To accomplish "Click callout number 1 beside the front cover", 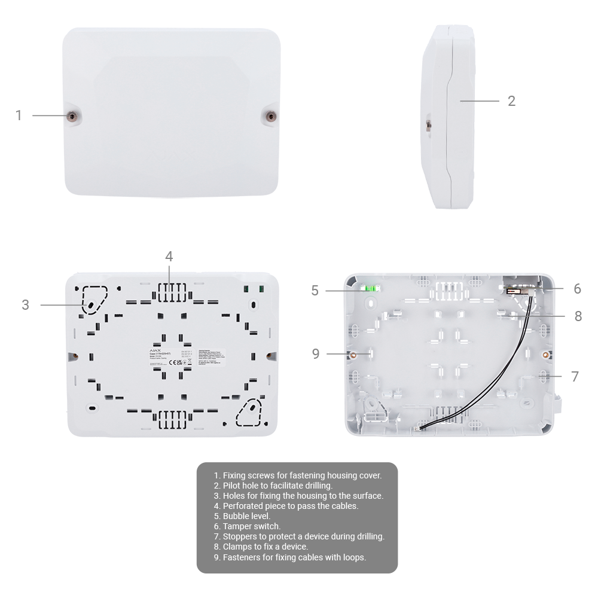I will (x=19, y=115).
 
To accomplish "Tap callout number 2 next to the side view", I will (x=511, y=101).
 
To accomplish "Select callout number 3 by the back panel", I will (x=25, y=305).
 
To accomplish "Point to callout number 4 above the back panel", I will (x=169, y=257).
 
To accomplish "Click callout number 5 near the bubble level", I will (x=315, y=291).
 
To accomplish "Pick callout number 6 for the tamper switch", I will (x=577, y=289).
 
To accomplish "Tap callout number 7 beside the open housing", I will (x=575, y=377).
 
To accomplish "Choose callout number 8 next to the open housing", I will (x=578, y=316).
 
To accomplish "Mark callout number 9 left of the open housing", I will (x=316, y=354).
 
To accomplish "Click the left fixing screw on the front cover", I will (x=72, y=116).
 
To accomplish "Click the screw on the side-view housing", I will (x=428, y=126).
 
